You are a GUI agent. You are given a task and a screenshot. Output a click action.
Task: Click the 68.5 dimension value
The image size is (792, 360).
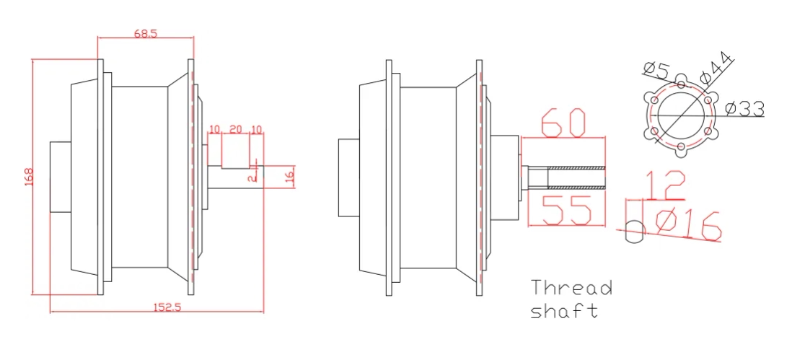(146, 33)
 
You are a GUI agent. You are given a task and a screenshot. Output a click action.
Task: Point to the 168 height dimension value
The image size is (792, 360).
(29, 177)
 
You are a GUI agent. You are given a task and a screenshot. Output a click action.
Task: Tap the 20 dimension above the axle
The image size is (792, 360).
(235, 129)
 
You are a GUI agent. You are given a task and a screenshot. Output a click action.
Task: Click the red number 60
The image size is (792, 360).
(563, 123)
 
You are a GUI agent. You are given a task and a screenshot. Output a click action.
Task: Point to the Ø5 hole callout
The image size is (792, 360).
(656, 70)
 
